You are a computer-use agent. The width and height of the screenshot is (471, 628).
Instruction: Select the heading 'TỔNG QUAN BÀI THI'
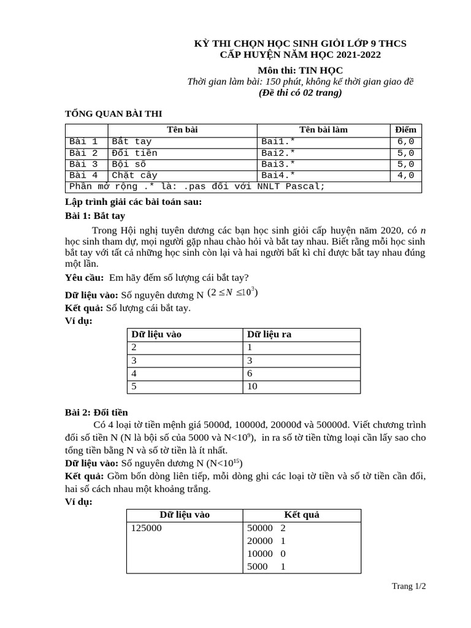114,114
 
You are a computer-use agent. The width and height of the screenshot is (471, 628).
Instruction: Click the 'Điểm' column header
405,129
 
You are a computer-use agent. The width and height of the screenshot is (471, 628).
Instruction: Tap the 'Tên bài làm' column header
323,129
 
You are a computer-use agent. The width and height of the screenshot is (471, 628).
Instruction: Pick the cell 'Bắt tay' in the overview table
131,142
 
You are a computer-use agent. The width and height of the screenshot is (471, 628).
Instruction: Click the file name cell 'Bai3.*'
278,164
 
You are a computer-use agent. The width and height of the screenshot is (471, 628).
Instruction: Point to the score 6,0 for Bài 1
406,142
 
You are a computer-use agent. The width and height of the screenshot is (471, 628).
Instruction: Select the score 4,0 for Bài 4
406,175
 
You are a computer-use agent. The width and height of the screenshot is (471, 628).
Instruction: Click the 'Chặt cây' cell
134,175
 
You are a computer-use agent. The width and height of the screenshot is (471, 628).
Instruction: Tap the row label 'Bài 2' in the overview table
83,153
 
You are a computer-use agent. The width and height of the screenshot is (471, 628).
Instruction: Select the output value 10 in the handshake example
252,386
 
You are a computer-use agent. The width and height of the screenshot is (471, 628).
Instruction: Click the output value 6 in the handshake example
250,373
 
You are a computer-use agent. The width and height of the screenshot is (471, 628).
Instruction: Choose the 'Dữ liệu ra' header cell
269,334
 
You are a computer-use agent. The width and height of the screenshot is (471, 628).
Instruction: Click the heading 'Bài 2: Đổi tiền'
96,412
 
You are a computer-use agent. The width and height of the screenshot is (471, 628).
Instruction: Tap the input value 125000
147,527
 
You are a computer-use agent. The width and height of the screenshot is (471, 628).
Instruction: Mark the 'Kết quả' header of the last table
302,515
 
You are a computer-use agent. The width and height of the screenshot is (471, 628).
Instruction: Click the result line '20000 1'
266,541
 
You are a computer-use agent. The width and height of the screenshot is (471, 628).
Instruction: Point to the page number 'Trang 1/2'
409,586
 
